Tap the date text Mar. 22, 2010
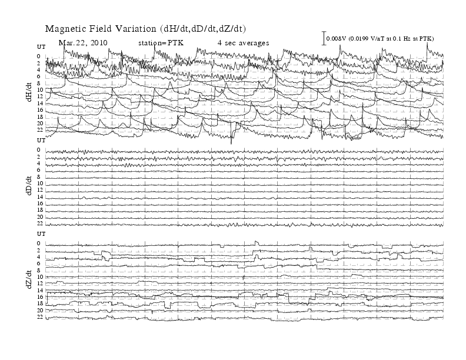[83, 43]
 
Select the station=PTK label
[161, 43]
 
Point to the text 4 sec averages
[244, 43]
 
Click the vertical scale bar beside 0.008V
[324, 38]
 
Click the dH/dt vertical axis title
[29, 92]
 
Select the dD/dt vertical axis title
[29, 185]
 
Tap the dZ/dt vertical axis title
[29, 279]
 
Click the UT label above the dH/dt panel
[41, 47]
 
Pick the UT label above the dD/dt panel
[41, 140]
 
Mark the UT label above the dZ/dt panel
[41, 234]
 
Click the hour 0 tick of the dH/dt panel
[39, 56]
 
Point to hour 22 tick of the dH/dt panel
[40, 130]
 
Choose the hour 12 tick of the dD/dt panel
[40, 190]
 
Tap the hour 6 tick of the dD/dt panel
[39, 170]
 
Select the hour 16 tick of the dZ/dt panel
[40, 296]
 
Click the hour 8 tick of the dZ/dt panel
[39, 270]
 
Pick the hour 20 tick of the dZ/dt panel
[40, 311]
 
